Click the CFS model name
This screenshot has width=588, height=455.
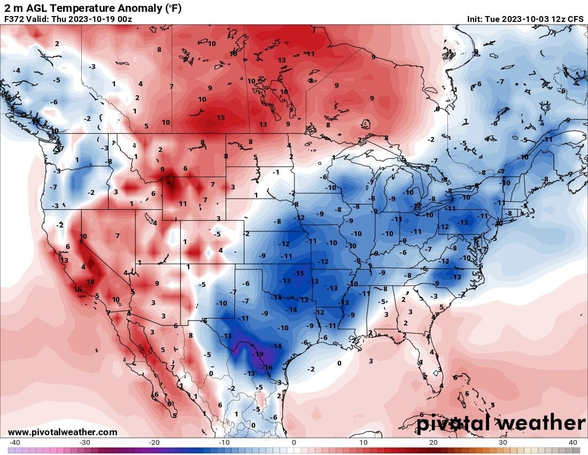(x=575, y=19)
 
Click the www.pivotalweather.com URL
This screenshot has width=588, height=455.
(x=63, y=432)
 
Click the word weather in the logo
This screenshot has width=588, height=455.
(x=540, y=423)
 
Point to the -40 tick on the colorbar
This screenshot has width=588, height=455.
(x=14, y=443)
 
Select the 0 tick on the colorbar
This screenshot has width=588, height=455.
(x=293, y=443)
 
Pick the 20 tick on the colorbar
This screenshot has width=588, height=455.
(x=434, y=443)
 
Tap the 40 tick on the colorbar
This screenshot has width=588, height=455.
(x=573, y=443)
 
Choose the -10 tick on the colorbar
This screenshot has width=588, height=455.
(x=224, y=443)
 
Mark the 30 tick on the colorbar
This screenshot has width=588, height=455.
(x=503, y=443)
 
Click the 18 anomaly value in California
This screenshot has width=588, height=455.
(x=90, y=282)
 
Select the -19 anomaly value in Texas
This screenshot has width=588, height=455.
(x=258, y=354)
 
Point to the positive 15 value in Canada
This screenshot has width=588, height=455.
(x=221, y=118)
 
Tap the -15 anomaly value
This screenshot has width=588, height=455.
(x=299, y=274)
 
